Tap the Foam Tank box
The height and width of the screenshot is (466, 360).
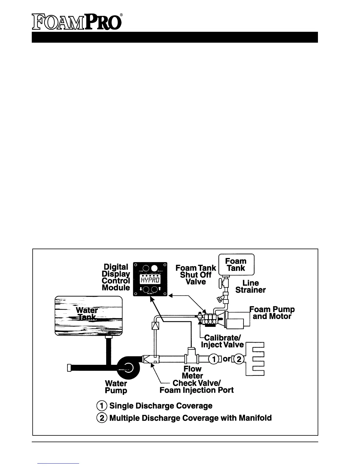point(236,264)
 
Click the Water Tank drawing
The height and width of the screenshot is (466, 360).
point(89,316)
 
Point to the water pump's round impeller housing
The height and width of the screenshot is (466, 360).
point(127,367)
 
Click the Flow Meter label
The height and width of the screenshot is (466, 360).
point(193,372)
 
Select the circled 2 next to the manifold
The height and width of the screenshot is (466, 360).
point(239,359)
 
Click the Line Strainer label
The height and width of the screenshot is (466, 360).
point(251,287)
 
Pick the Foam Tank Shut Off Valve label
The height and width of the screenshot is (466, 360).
point(196,275)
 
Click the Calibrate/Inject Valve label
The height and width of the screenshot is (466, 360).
point(222,341)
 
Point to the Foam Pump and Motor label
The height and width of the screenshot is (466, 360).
point(272,313)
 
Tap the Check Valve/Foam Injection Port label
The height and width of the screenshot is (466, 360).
point(196,387)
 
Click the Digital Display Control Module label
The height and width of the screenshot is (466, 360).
point(116,277)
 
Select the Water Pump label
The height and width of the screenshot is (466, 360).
point(116,387)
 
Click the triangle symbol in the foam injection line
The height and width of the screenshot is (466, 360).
point(155,326)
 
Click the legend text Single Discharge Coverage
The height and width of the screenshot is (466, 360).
point(161,406)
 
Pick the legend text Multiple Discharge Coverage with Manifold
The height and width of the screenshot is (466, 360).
point(190,418)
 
